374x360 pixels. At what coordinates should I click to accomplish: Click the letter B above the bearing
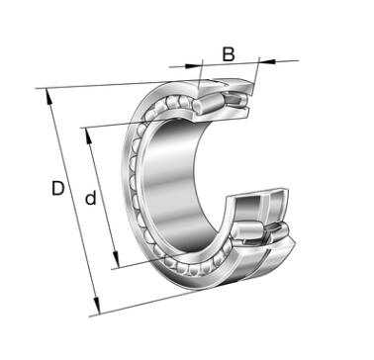[229, 54]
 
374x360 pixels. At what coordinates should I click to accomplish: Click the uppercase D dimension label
[57, 189]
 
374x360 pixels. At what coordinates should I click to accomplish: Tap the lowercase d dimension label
[90, 198]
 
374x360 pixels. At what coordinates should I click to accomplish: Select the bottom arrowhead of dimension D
[97, 306]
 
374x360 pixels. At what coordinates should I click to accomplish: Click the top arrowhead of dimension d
[89, 135]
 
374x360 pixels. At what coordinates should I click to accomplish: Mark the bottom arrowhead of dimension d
[116, 259]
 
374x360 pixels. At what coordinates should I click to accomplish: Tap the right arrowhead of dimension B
[267, 60]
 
